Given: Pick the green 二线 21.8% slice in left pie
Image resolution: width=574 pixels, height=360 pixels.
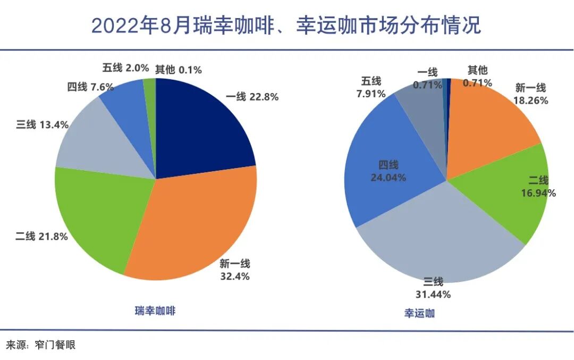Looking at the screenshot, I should [x=98, y=213].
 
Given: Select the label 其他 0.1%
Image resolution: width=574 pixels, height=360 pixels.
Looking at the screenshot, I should [x=179, y=70].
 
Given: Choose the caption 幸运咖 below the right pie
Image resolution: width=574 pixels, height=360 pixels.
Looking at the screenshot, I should [x=419, y=313].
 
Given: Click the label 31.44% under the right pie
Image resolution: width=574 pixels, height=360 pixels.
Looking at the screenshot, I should [x=433, y=294].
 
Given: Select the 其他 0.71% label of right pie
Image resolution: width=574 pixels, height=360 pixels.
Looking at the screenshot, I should [x=477, y=77].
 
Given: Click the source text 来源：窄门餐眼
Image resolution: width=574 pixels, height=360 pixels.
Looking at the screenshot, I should [x=41, y=345].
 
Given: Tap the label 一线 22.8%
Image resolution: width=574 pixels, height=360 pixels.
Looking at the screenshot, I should [x=252, y=97].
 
